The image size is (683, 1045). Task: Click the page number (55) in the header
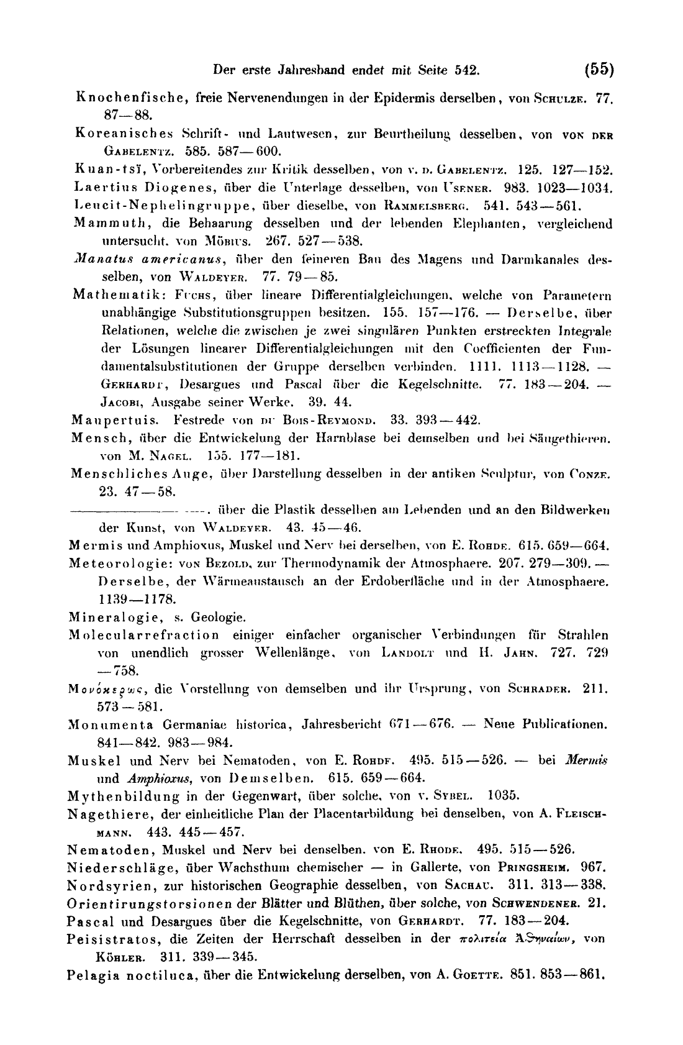pyautogui.click(x=599, y=69)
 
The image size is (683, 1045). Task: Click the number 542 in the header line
pyautogui.click(x=468, y=70)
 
